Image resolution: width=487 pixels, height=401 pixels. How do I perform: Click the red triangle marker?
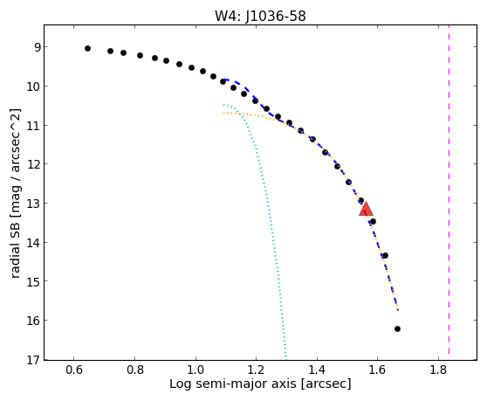click(x=366, y=209)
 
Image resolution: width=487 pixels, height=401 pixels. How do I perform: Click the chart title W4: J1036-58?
click(x=260, y=16)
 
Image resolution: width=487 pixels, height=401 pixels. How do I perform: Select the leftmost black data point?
click(x=87, y=49)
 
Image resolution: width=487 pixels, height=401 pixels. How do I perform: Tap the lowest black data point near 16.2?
click(x=397, y=328)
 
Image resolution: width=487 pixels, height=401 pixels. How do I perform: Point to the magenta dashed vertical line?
click(x=449, y=190)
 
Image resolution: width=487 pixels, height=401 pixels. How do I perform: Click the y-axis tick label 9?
click(x=38, y=47)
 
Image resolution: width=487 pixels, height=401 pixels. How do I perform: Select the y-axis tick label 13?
click(x=34, y=204)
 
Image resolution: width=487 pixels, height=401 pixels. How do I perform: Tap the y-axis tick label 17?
click(x=34, y=360)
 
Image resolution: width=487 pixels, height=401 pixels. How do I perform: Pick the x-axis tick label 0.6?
click(x=74, y=370)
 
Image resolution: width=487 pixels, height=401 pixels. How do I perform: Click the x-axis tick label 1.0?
click(x=195, y=370)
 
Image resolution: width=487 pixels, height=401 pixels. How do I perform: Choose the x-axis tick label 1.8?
click(x=438, y=370)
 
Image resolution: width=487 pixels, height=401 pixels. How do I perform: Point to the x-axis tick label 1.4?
click(x=317, y=370)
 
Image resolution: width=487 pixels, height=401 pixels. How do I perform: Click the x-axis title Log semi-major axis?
click(x=233, y=384)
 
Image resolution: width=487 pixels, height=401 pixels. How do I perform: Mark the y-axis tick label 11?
click(x=34, y=126)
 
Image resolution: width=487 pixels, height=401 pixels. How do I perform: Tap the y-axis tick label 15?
click(x=34, y=281)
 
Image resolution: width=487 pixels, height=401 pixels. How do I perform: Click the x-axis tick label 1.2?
click(x=256, y=370)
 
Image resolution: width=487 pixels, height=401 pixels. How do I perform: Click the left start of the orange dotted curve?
click(x=223, y=114)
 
